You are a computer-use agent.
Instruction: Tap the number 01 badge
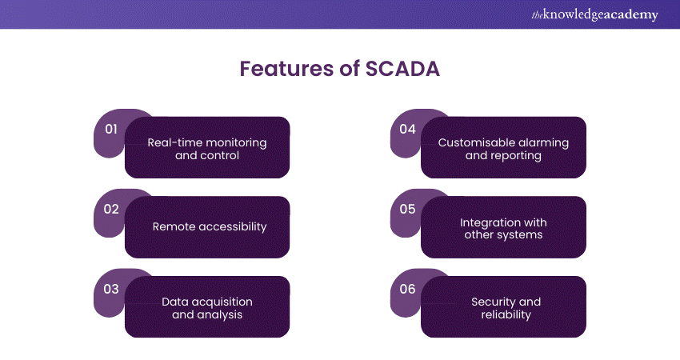coord(111,130)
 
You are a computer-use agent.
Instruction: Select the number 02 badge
coord(111,210)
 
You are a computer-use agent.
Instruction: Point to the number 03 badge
coord(111,289)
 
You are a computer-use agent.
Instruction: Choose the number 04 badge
coord(407,130)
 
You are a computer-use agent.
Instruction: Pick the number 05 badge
coord(407,210)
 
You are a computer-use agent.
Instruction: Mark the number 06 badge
coord(407,289)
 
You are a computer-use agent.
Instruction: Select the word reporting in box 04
coord(516,155)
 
